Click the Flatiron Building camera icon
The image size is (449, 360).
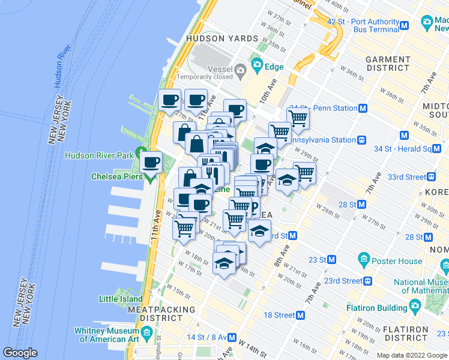pos(415,308)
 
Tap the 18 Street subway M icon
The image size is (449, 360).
pos(301,315)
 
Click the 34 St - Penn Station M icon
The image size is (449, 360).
pos(363,109)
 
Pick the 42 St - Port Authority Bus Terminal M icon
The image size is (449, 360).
pos(405,25)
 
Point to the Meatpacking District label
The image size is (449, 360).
pos(161,314)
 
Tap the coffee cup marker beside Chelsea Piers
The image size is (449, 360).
pos(151,162)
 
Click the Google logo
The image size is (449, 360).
pos(20,353)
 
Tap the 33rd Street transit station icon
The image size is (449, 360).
pos(431,177)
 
